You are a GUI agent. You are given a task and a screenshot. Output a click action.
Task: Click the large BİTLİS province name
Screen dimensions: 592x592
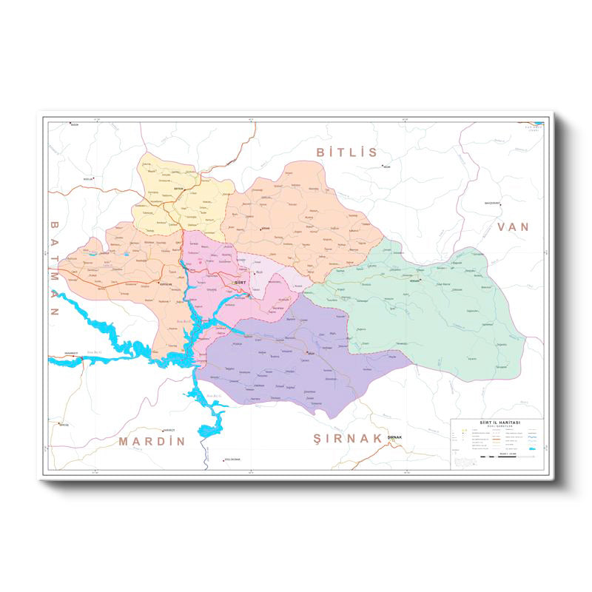[347, 152]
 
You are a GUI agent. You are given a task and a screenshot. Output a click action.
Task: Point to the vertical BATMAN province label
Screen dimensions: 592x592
[54, 269]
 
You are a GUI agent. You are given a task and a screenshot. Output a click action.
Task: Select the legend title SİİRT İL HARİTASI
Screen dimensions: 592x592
[497, 422]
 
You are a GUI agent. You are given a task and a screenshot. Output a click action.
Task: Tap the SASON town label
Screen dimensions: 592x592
[73, 125]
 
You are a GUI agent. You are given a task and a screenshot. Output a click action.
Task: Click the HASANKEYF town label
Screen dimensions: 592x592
[71, 353]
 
